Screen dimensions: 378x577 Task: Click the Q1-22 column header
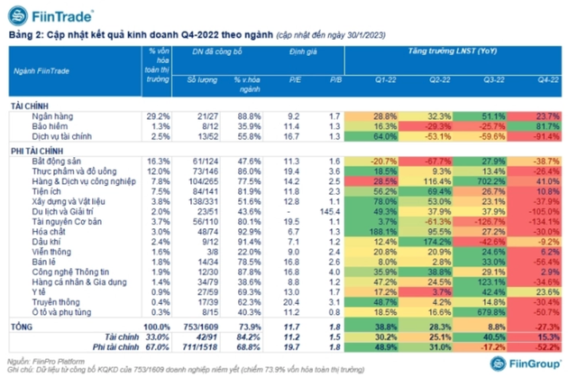(385, 80)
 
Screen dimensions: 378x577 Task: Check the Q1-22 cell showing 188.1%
(385, 231)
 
